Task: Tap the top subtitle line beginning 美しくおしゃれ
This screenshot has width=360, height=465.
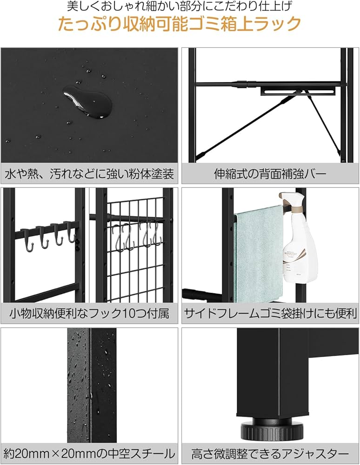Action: click(x=180, y=7)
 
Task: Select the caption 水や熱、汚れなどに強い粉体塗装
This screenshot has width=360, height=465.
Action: click(x=89, y=174)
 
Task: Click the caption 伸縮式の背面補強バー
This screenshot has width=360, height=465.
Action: click(x=270, y=174)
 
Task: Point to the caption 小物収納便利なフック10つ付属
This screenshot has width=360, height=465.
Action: click(x=89, y=312)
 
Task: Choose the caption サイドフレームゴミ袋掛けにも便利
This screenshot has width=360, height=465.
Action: click(x=270, y=312)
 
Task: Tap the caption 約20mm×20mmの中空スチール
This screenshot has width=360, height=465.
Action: click(x=89, y=453)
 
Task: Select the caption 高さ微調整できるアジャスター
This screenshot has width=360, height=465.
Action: click(x=270, y=453)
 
